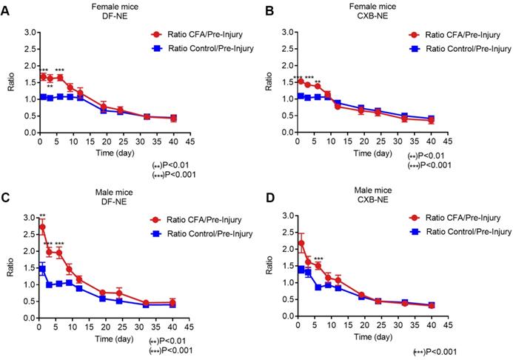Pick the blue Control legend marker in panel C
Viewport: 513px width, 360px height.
156,233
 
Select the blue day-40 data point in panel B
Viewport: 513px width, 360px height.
430,119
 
